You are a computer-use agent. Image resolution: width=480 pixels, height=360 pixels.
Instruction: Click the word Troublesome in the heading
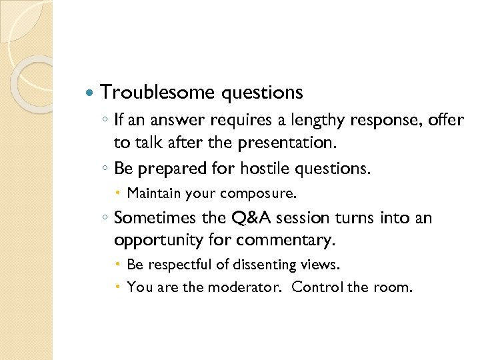coord(157,92)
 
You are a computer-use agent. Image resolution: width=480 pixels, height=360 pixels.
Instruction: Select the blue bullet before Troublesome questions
coord(91,92)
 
